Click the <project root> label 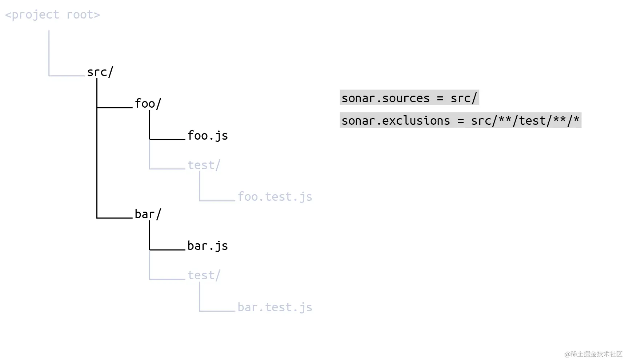tap(52, 15)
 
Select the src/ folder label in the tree tap(100, 72)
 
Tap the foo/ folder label tap(148, 104)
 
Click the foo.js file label tap(208, 136)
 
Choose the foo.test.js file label tap(275, 197)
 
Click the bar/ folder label tap(148, 214)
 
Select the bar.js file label tap(208, 246)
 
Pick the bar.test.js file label tap(275, 307)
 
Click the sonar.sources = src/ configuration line tap(409, 98)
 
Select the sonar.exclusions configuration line tap(460, 120)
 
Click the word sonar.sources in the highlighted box tap(386, 98)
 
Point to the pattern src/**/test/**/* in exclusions tap(525, 120)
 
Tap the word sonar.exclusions tap(396, 121)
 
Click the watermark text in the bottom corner tap(593, 354)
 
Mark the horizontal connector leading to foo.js tap(167, 139)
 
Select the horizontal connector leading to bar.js tap(167, 249)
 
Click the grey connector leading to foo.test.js tap(217, 200)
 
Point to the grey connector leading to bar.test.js tap(217, 311)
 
